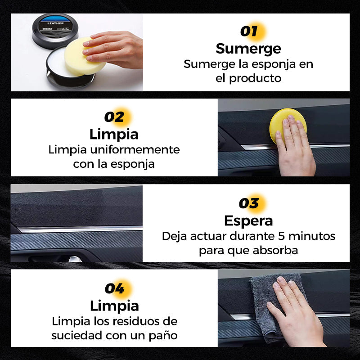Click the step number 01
pyautogui.click(x=249, y=31)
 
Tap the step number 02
pyautogui.click(x=114, y=117)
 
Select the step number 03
pyautogui.click(x=249, y=203)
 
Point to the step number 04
pyautogui.click(x=115, y=288)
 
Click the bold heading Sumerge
pyautogui.click(x=248, y=49)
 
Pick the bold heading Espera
pyautogui.click(x=249, y=221)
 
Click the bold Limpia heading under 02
pyautogui.click(x=114, y=134)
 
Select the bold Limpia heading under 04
pyautogui.click(x=114, y=306)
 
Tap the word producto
pyautogui.click(x=255, y=78)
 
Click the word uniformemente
pyautogui.click(x=135, y=150)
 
